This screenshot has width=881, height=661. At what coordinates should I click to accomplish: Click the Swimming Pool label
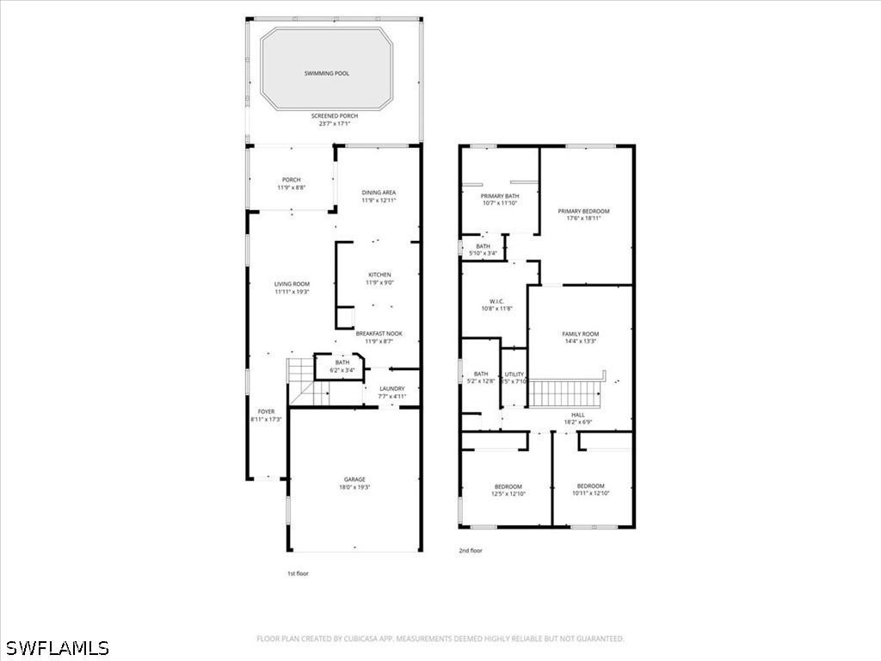327,74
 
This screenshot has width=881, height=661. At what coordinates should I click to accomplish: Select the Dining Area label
379,193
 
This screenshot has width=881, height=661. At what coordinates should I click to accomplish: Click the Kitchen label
379,275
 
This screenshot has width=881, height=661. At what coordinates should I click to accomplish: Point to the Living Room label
292,284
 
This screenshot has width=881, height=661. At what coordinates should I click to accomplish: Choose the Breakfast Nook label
379,333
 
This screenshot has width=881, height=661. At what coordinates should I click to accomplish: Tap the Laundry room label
391,389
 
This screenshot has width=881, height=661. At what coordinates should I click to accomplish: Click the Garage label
354,479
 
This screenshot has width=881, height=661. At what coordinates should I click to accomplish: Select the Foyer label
266,412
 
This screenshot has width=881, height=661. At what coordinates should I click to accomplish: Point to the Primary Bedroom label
583,211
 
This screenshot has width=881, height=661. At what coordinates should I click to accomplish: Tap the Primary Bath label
499,196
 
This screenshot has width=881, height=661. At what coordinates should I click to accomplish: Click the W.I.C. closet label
494,301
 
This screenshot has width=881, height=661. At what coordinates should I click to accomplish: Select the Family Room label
580,334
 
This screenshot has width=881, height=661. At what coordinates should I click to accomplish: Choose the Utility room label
514,374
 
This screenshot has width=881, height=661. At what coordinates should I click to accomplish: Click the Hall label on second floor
578,415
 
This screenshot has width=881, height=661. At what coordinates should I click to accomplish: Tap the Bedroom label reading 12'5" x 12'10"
508,486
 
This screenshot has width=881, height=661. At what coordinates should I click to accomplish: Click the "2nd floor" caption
471,550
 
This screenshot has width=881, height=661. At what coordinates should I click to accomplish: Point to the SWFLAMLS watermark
56,647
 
